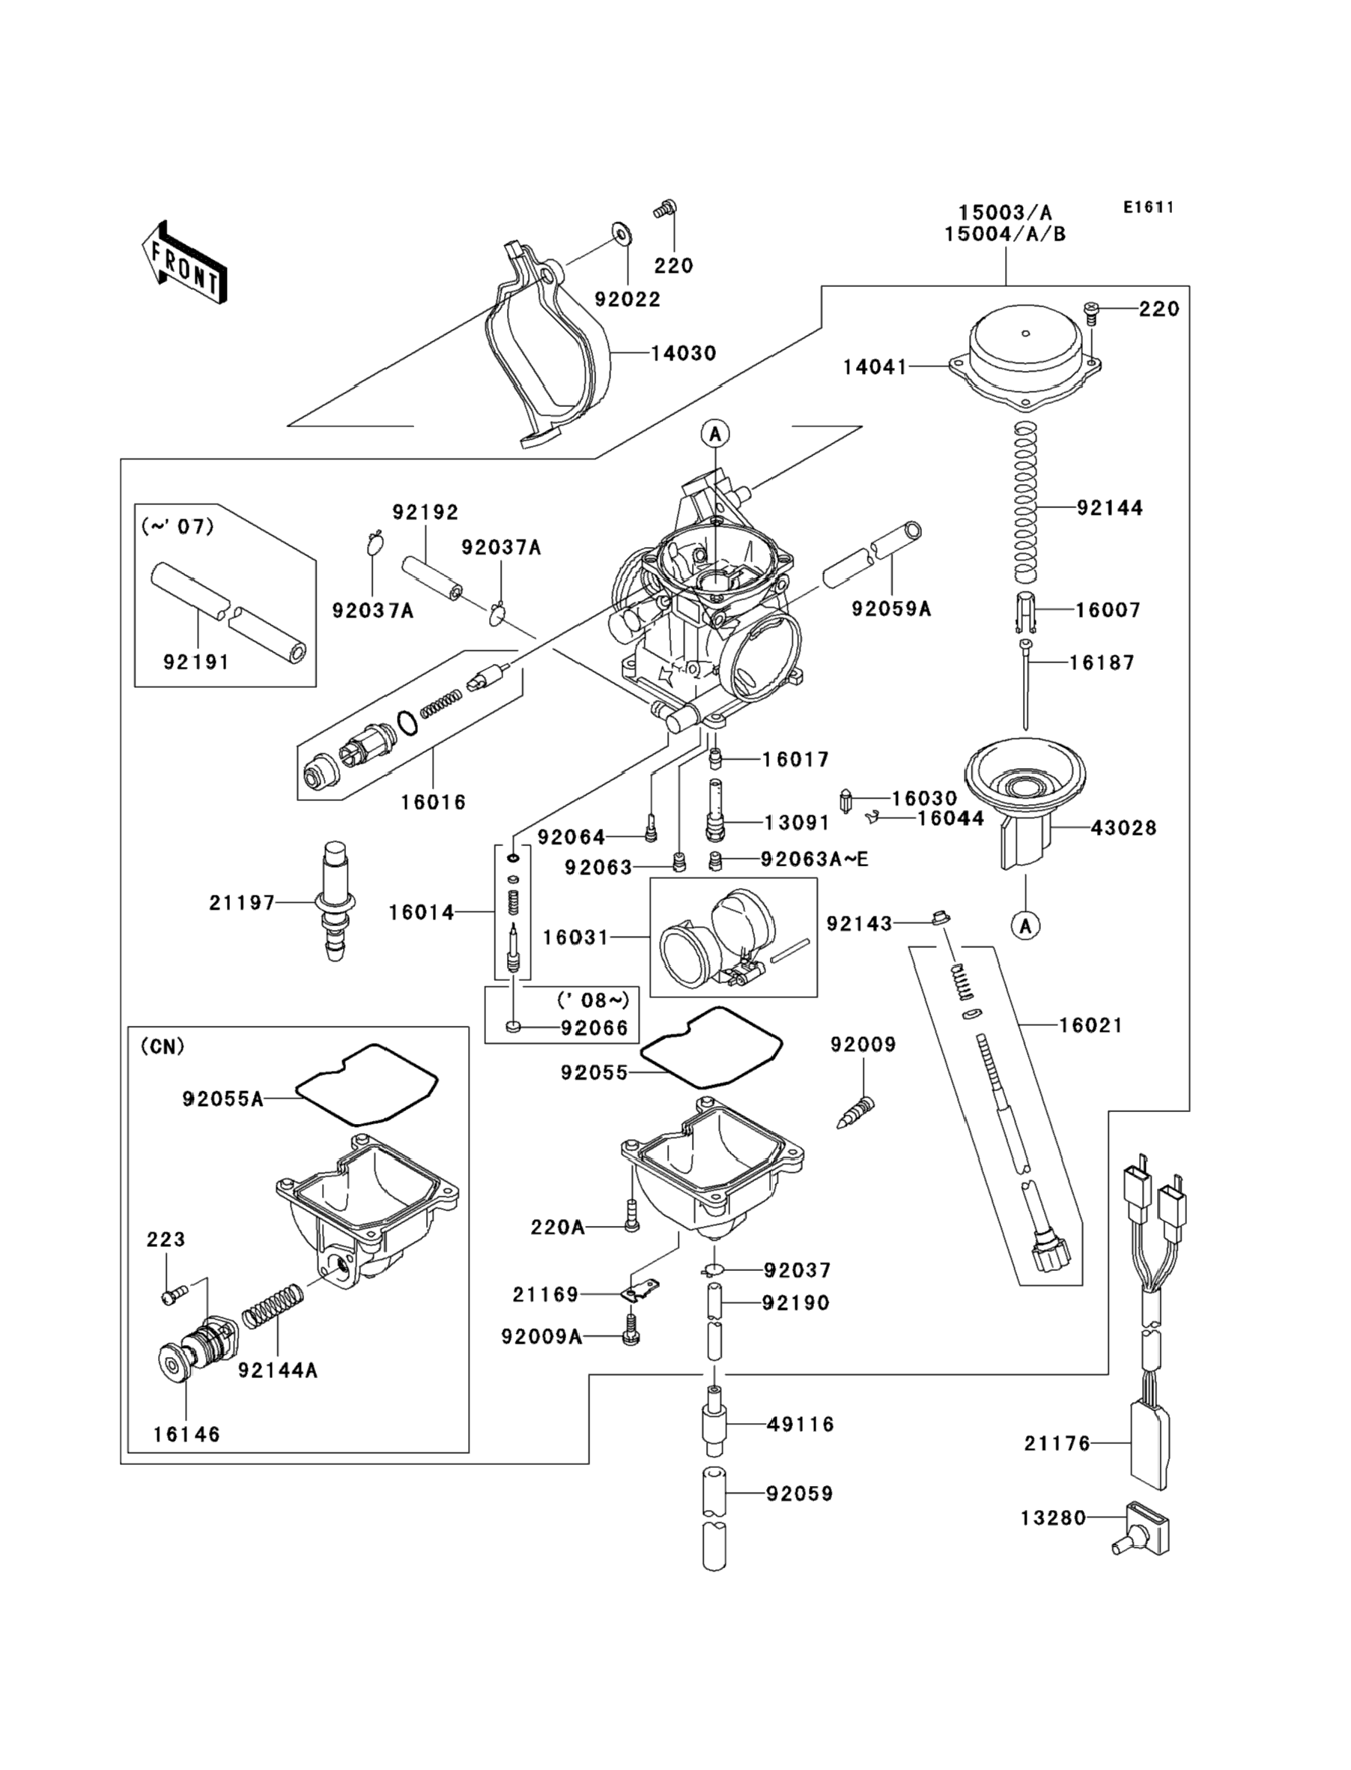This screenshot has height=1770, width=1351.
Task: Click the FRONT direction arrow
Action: tap(184, 263)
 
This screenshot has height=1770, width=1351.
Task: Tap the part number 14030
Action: tap(683, 353)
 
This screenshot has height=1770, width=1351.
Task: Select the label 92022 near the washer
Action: tap(628, 299)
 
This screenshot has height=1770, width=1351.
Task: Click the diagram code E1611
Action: tap(1148, 208)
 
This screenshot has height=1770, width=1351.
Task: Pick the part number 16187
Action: tap(1102, 663)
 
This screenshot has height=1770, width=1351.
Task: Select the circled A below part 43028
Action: tap(1025, 926)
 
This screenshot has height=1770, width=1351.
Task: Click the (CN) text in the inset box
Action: tap(163, 1047)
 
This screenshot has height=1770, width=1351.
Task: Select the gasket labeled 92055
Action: tap(711, 1048)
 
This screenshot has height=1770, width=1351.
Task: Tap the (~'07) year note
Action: tap(177, 527)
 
